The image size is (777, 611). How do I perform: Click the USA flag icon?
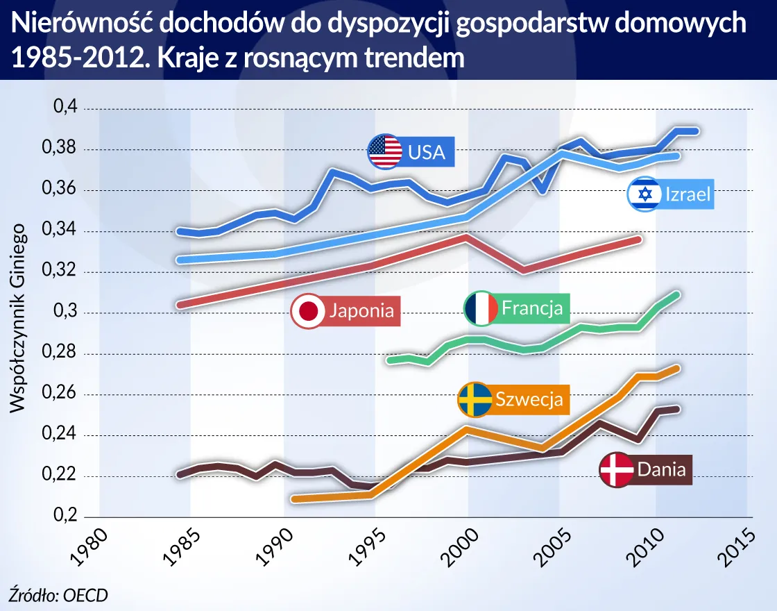pyautogui.click(x=384, y=151)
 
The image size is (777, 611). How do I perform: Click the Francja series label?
pyautogui.click(x=532, y=308)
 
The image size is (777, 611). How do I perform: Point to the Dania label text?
pyautogui.click(x=661, y=469)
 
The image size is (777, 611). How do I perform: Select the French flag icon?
pyautogui.click(x=480, y=308)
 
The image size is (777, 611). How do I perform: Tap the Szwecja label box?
pyautogui.click(x=528, y=399)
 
